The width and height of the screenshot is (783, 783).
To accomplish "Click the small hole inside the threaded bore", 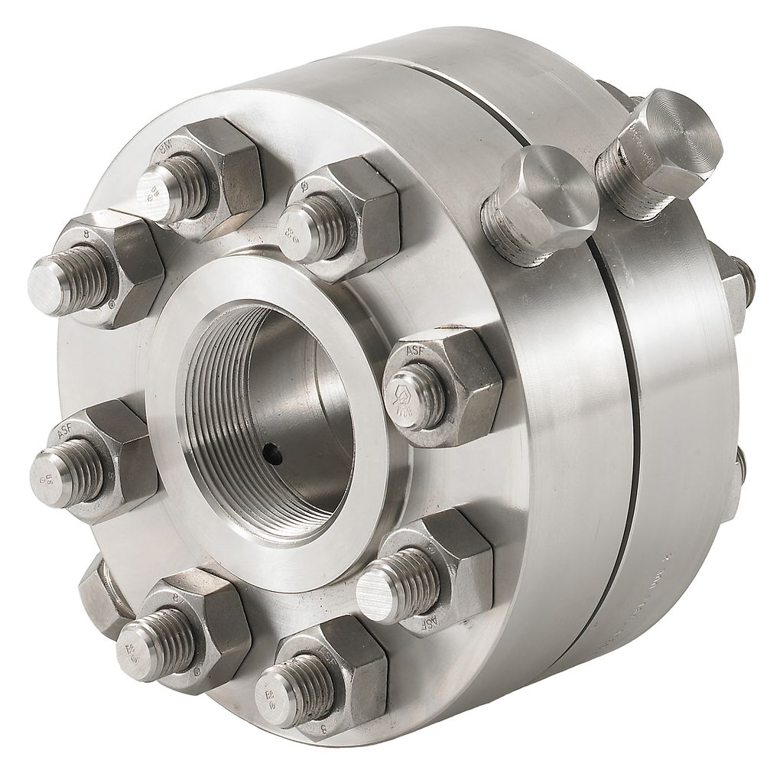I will (273, 456).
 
